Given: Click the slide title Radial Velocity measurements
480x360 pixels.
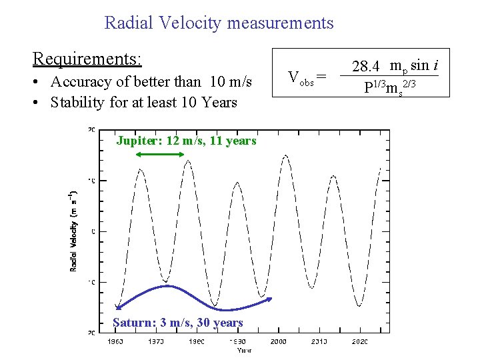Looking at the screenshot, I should pyautogui.click(x=219, y=23).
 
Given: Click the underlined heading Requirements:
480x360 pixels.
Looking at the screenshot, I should pyautogui.click(x=87, y=59).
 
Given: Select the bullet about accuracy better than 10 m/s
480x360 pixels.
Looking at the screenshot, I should pyautogui.click(x=143, y=82).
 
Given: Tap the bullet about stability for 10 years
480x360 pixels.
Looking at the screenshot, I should pyautogui.click(x=135, y=103).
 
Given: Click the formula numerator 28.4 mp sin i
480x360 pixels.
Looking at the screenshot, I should pyautogui.click(x=390, y=65).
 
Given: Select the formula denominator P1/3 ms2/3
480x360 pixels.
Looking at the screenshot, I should pyautogui.click(x=390, y=87).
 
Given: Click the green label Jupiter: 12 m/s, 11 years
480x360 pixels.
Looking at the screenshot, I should pyautogui.click(x=186, y=141).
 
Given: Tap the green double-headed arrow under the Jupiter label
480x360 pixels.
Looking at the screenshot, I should pyautogui.click(x=160, y=154).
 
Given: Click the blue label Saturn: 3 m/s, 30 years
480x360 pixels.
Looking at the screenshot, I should pyautogui.click(x=177, y=323).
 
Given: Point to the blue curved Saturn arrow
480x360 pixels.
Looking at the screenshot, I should pyautogui.click(x=193, y=297).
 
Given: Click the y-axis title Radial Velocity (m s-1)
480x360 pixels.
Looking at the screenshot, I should pyautogui.click(x=74, y=231).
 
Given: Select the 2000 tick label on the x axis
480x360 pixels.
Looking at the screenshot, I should pyautogui.click(x=278, y=341).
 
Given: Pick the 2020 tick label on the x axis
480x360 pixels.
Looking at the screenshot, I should pyautogui.click(x=360, y=341).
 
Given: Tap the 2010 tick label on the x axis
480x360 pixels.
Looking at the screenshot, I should pyautogui.click(x=319, y=341).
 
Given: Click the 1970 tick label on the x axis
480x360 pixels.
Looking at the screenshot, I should pyautogui.click(x=155, y=341).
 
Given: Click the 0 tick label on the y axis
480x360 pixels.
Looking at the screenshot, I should pyautogui.click(x=93, y=231).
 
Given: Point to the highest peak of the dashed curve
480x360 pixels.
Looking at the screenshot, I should pyautogui.click(x=286, y=156).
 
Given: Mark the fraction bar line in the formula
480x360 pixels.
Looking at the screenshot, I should pyautogui.click(x=390, y=76).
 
